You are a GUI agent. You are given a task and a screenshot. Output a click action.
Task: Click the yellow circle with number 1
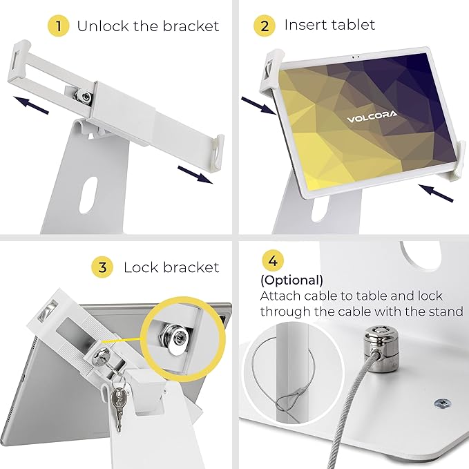click(x=59, y=26)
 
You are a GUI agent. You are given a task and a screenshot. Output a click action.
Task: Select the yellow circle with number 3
click(x=102, y=267)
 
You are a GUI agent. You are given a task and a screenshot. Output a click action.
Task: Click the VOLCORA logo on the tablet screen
click(x=372, y=118)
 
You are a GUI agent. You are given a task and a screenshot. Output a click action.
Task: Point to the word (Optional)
click(x=291, y=280)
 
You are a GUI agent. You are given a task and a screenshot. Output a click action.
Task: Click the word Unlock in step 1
click(x=102, y=26)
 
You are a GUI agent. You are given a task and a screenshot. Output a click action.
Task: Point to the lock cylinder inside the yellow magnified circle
click(x=182, y=335)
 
